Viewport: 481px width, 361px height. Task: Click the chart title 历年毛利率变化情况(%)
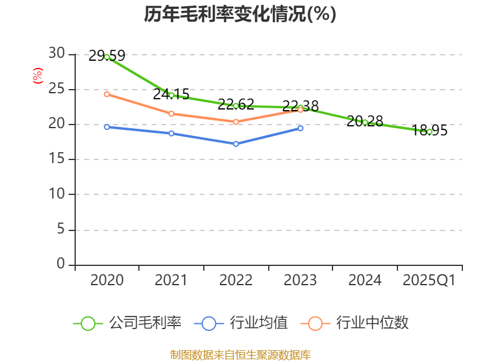(x=240, y=14)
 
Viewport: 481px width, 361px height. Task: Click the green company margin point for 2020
(x=107, y=57)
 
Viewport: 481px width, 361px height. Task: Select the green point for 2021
(x=171, y=95)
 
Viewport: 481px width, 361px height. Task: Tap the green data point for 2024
(x=365, y=122)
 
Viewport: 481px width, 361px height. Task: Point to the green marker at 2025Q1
(x=429, y=131)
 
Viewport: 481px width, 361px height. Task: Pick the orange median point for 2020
(x=107, y=94)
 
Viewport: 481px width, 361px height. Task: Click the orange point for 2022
(x=236, y=122)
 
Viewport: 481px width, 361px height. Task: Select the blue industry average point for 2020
(x=107, y=127)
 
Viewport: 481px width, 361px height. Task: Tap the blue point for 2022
(x=236, y=144)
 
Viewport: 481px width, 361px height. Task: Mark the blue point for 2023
(x=301, y=128)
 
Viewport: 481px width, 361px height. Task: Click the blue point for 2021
(x=171, y=133)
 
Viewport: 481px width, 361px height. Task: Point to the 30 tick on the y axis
(x=57, y=54)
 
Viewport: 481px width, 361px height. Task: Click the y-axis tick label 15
(x=57, y=159)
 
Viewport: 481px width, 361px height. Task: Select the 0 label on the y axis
(x=60, y=264)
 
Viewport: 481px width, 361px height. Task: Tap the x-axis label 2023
(x=300, y=280)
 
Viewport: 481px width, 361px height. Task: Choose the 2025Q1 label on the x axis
(x=429, y=280)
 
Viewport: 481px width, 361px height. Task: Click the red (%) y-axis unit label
(x=38, y=76)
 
